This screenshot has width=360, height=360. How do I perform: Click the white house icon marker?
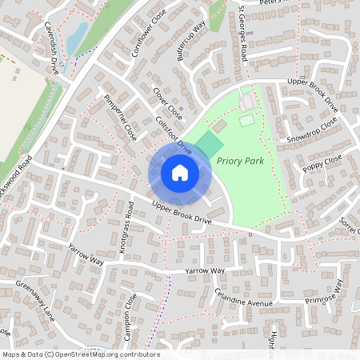click(179, 173)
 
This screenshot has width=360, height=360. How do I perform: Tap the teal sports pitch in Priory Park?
click(208, 145)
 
